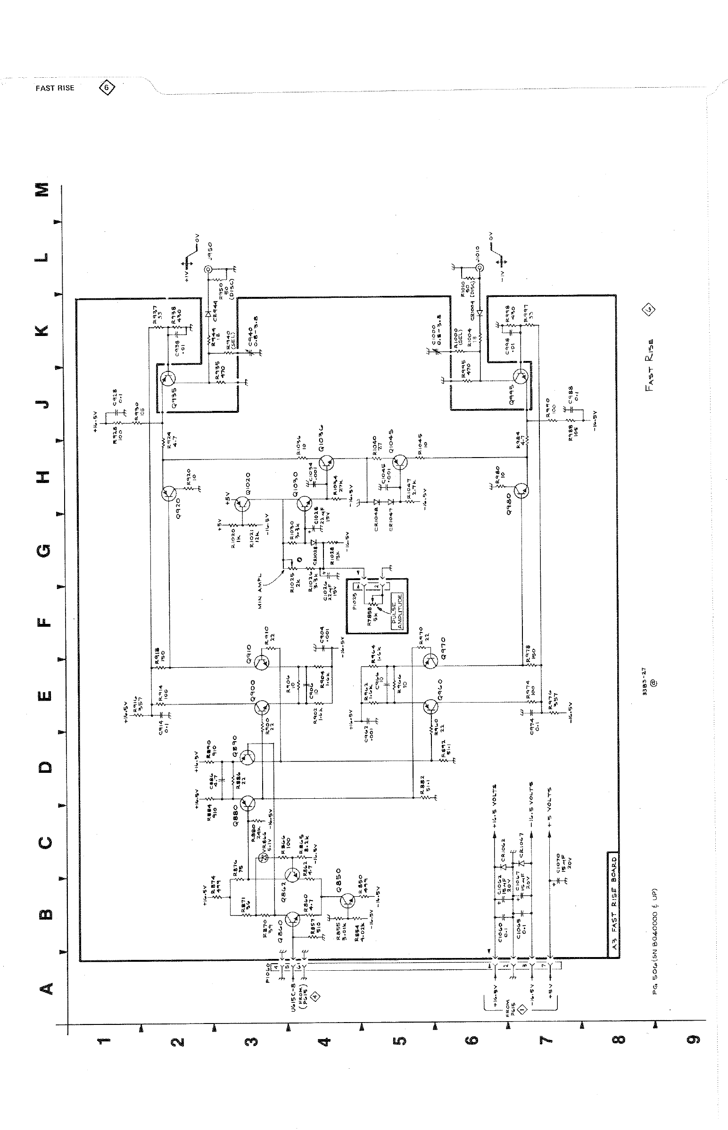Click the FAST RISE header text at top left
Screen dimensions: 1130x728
pyautogui.click(x=55, y=88)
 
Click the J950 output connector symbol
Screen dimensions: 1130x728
pyautogui.click(x=207, y=270)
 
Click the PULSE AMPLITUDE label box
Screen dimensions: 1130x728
pyautogui.click(x=397, y=610)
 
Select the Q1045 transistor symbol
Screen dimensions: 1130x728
pyautogui.click(x=400, y=462)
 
